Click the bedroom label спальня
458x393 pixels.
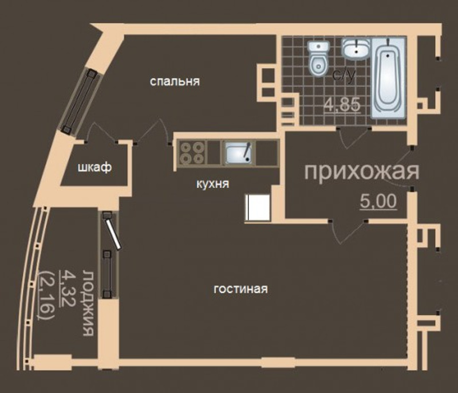click(175, 81)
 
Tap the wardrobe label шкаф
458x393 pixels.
click(94, 168)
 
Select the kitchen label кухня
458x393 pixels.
click(212, 184)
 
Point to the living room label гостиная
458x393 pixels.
click(240, 289)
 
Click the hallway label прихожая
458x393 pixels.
click(362, 172)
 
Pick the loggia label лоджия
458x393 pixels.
click(88, 303)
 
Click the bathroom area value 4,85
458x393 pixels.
click(342, 105)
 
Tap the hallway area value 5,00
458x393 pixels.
click(378, 201)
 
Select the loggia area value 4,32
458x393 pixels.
click(66, 288)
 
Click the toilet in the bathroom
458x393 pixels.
click(319, 59)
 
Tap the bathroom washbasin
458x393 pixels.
click(356, 49)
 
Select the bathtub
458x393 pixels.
click(388, 78)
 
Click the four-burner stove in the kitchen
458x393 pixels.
click(192, 152)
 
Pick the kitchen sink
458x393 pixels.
click(239, 152)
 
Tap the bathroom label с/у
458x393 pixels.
click(345, 75)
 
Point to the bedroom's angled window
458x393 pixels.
click(80, 101)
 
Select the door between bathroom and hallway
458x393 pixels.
click(354, 137)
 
